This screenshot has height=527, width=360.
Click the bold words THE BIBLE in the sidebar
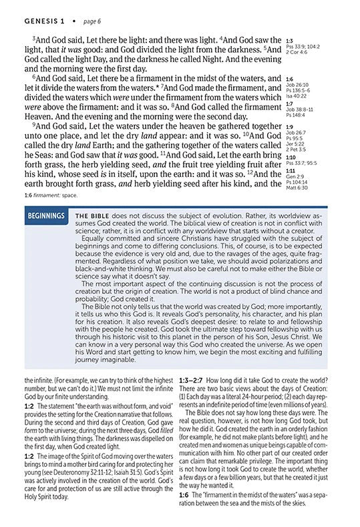[x=92, y=216]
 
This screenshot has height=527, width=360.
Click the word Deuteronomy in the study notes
[x=72, y=477]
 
